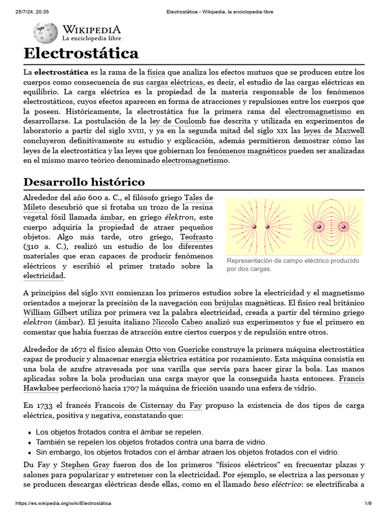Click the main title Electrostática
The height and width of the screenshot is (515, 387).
81,53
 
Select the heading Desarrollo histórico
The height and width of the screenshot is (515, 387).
84,182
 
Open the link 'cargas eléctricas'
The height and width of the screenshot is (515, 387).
175,82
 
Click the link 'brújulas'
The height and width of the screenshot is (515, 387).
228,303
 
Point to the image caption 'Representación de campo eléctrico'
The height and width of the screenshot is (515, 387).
293,265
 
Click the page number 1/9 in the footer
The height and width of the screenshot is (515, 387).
368,503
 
